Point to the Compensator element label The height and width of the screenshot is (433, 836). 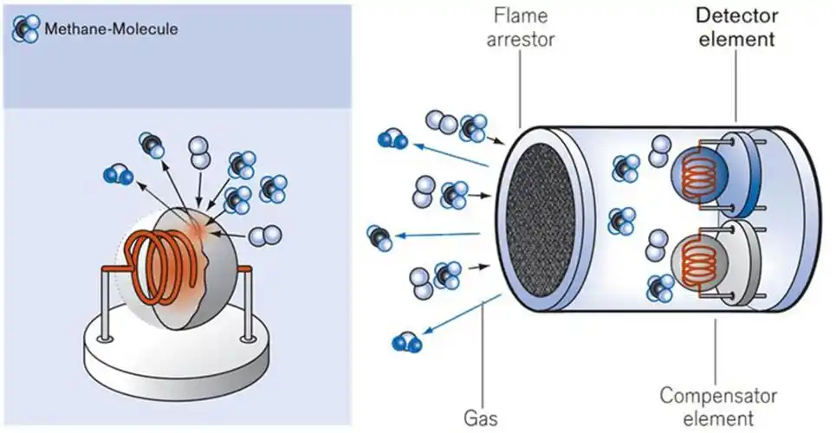click(716, 406)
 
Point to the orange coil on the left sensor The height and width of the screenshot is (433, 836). click(156, 264)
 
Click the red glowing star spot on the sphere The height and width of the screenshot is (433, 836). click(200, 229)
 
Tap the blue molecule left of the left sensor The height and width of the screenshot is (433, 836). click(115, 174)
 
